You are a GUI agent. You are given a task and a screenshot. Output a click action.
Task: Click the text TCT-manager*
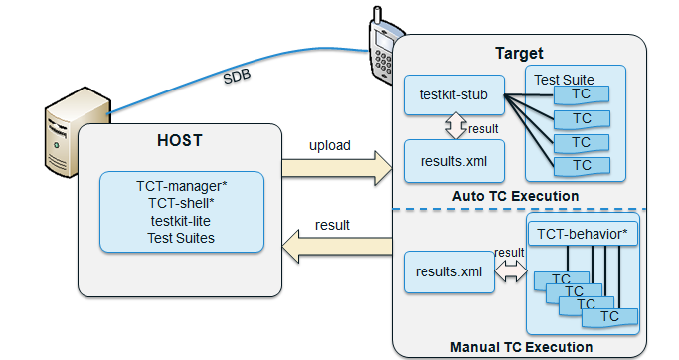(181, 185)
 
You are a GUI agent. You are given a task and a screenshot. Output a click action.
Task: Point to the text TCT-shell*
(181, 202)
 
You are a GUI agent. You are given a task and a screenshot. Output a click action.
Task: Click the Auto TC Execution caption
(515, 196)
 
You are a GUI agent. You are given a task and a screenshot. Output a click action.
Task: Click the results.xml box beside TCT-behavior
(449, 270)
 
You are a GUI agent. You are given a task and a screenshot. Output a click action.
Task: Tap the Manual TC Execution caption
(521, 347)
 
